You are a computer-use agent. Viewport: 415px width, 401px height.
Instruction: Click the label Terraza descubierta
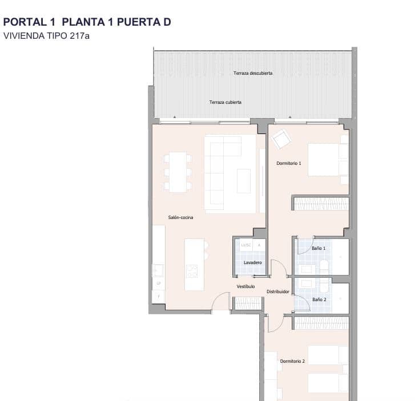tap(252, 73)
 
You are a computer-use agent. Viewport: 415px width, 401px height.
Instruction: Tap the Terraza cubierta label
tap(225, 102)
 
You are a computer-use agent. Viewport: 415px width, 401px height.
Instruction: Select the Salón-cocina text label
tap(180, 217)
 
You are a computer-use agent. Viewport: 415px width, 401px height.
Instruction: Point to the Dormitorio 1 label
tap(288, 163)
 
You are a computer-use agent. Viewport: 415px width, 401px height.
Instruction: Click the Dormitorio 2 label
tap(292, 361)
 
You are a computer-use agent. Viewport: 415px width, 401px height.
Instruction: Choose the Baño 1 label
tap(319, 249)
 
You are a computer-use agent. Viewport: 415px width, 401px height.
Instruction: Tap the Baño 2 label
tap(319, 299)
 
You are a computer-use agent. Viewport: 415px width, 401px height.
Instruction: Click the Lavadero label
tap(252, 262)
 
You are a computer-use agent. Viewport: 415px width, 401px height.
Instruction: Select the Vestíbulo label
tap(245, 286)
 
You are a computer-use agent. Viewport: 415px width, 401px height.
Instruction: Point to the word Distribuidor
tap(279, 291)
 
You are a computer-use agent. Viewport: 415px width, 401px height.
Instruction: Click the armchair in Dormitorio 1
tap(281, 139)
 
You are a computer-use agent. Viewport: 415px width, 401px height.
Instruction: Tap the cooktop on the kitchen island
tap(192, 270)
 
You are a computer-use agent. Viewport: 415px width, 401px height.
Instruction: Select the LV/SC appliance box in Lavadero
tap(246, 245)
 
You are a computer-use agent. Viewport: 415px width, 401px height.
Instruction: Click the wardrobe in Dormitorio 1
tap(321, 204)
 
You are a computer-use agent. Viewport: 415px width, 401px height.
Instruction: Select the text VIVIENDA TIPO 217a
tap(47, 35)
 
